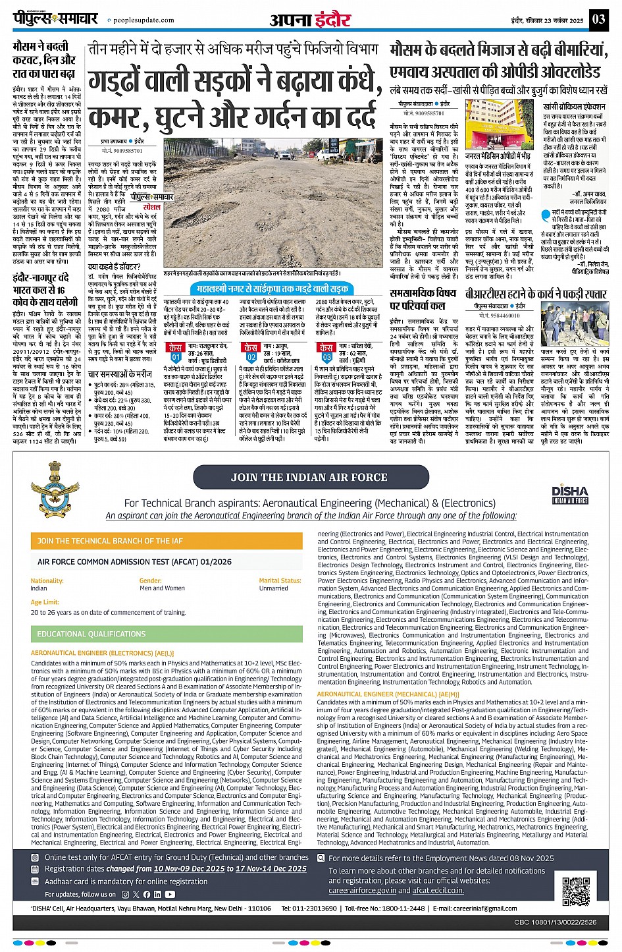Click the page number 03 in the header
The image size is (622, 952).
598,19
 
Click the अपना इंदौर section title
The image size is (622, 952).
310,20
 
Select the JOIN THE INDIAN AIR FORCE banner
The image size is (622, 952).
309,477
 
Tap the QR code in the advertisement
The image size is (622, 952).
575,891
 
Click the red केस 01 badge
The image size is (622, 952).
176,351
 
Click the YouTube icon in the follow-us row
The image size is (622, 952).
170,894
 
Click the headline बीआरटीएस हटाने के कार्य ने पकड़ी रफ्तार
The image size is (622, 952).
536,294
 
